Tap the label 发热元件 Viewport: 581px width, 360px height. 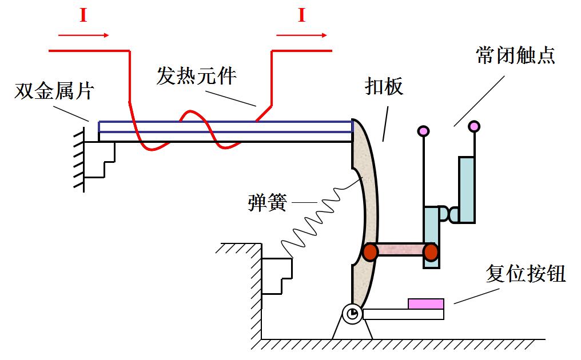click(x=196, y=76)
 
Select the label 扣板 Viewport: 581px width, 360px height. click(x=384, y=86)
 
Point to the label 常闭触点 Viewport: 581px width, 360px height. click(x=515, y=56)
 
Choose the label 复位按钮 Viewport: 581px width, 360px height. click(x=526, y=274)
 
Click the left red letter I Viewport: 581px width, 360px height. click(x=83, y=15)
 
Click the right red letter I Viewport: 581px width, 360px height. click(x=301, y=15)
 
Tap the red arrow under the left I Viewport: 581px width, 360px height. click(x=83, y=35)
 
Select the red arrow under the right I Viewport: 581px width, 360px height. click(x=302, y=35)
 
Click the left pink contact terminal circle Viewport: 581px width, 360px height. click(x=423, y=130)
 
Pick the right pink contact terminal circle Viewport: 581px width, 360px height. click(x=474, y=126)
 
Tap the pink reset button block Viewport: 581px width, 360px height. click(x=426, y=303)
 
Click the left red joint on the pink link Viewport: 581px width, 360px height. click(x=371, y=251)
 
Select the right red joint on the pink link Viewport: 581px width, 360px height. click(x=431, y=251)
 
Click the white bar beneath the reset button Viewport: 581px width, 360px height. click(x=403, y=314)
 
